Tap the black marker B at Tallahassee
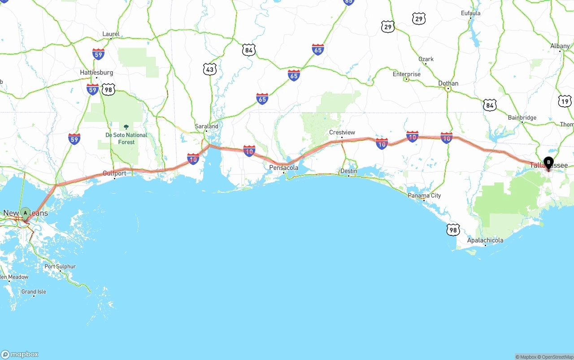pos(548,163)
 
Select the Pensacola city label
pos(283,168)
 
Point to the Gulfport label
pos(114,173)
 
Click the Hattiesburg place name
pos(96,72)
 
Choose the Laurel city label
pos(111,34)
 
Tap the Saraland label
pos(206,126)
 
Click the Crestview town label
pos(342,132)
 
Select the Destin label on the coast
pos(348,171)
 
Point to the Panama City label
pos(424,195)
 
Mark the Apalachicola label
pos(485,240)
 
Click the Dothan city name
pos(448,83)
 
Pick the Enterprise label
pos(406,74)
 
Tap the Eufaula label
pos(470,13)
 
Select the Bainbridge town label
pos(522,118)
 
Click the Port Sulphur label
pos(60,266)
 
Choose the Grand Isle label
pos(34,292)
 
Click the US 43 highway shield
pos(209,69)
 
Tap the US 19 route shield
pos(565,101)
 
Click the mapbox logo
pos(20,354)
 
